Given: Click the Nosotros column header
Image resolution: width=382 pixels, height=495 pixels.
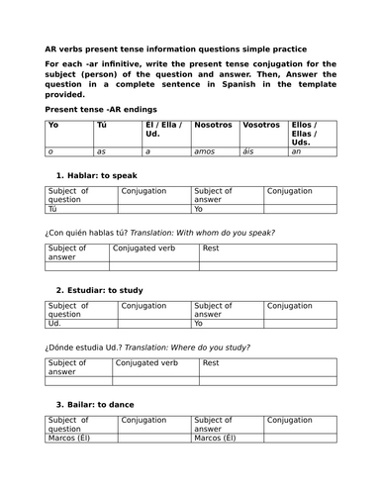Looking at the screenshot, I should click(x=215, y=127).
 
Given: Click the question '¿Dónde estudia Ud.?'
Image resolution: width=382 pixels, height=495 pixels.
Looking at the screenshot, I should click(x=95, y=347).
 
